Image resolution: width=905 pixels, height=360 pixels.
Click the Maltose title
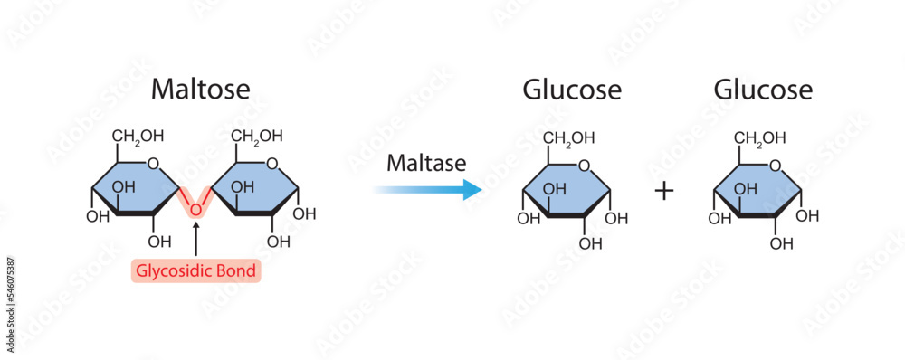[x=200, y=90]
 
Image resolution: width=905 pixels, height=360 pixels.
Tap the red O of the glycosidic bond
[x=195, y=210]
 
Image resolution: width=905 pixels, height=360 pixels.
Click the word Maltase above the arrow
[x=425, y=164]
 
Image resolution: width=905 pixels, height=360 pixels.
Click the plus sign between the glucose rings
[x=664, y=192]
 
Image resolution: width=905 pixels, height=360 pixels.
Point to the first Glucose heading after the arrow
[x=571, y=90]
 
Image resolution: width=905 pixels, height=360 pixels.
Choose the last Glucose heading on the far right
[x=762, y=90]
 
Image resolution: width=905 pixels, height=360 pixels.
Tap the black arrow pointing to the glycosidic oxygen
[x=195, y=240]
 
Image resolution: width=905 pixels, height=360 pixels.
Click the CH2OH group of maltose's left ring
[x=138, y=137]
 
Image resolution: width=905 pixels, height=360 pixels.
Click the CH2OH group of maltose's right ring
[x=256, y=137]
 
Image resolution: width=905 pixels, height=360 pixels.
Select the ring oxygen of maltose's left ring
[x=154, y=164]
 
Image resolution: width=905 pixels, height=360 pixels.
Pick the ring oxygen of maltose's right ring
[x=272, y=164]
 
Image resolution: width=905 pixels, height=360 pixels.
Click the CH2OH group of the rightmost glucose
[x=759, y=138]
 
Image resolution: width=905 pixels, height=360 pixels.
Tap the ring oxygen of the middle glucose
[x=585, y=166]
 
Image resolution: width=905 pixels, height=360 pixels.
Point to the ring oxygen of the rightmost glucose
[x=776, y=166]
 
